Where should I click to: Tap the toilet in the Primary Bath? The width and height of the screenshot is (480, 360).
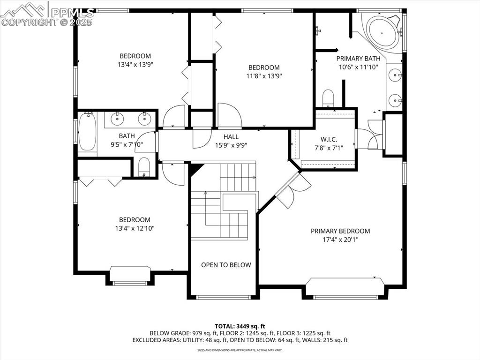(x=328, y=98)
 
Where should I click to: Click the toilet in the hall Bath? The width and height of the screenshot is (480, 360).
(x=144, y=167)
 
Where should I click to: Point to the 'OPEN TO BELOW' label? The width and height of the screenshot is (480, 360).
(x=226, y=265)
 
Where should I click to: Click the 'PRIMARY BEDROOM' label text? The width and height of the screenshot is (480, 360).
(x=340, y=231)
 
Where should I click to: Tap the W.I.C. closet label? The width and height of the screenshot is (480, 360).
(x=329, y=139)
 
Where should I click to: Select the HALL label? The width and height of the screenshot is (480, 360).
(x=231, y=137)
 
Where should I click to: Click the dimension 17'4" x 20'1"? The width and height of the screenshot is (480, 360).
(x=340, y=240)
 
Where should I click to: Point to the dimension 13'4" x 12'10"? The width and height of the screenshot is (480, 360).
(x=135, y=228)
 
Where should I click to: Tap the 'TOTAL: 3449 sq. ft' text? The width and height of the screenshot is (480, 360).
(x=240, y=326)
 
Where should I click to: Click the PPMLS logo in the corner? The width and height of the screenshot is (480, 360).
(x=47, y=14)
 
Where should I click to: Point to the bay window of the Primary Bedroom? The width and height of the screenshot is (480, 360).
(x=345, y=289)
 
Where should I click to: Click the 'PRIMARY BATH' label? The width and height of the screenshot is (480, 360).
(x=358, y=59)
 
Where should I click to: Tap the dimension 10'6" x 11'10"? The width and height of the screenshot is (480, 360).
(x=358, y=67)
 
